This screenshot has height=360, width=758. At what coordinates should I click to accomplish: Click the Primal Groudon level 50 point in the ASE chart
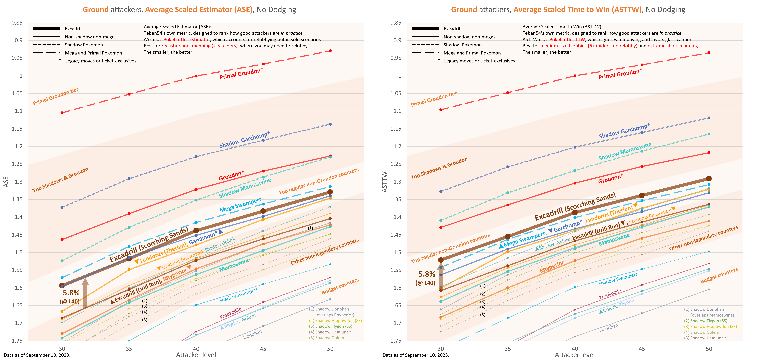pyautogui.click(x=330, y=51)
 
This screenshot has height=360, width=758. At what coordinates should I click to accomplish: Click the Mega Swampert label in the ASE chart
pyautogui.click(x=240, y=205)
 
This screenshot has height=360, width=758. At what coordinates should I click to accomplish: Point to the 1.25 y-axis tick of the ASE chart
pyautogui.click(x=17, y=164)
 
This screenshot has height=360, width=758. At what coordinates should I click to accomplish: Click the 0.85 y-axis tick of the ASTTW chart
pyautogui.click(x=396, y=23)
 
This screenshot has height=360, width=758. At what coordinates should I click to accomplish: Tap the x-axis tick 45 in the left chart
pyautogui.click(x=263, y=349)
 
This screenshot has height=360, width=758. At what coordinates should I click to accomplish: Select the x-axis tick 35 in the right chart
pyautogui.click(x=508, y=349)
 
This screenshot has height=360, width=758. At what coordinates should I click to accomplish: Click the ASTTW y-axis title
pyautogui.click(x=385, y=182)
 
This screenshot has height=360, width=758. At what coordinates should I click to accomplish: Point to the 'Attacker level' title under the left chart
pyautogui.click(x=196, y=355)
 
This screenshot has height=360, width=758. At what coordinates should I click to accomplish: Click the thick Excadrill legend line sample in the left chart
pyautogui.click(x=47, y=29)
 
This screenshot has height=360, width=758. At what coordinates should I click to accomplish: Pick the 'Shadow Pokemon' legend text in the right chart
pyautogui.click(x=463, y=45)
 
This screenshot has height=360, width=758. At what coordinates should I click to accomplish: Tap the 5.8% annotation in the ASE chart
pyautogui.click(x=71, y=293)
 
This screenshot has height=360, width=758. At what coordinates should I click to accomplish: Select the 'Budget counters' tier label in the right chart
pyautogui.click(x=719, y=276)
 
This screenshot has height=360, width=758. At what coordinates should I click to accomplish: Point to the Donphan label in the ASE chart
pyautogui.click(x=252, y=335)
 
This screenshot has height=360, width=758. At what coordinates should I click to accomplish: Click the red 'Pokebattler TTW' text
pyautogui.click(x=567, y=39)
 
